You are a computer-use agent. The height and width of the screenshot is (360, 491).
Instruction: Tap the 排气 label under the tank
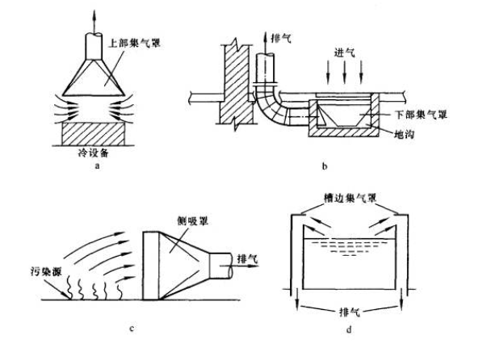(351, 311)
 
